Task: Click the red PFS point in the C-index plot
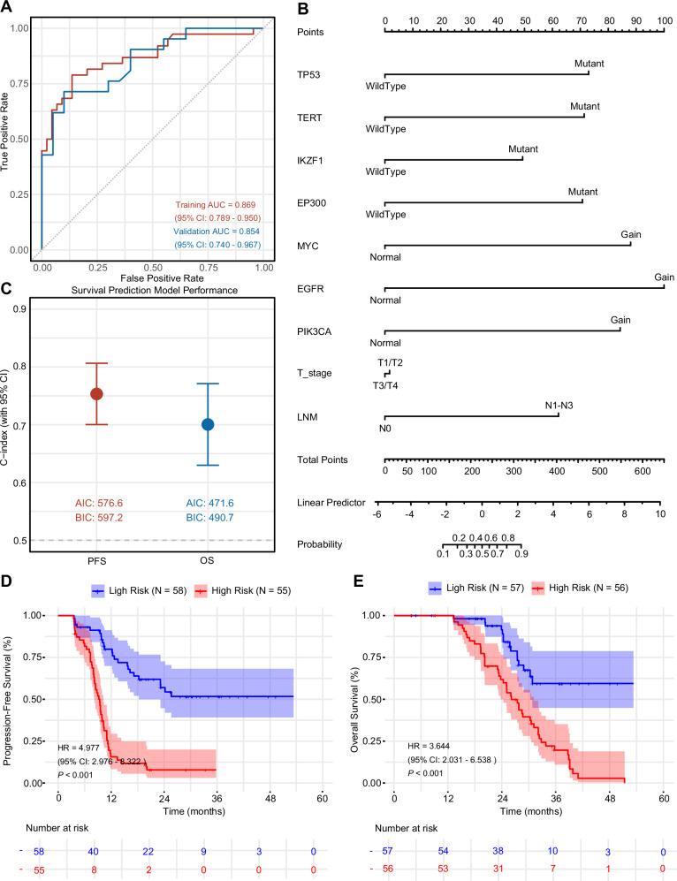(x=97, y=393)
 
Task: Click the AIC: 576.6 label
(x=97, y=503)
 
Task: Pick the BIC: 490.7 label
(x=208, y=519)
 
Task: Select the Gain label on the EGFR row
(x=664, y=277)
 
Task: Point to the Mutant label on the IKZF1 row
(x=522, y=149)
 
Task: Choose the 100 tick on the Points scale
(x=664, y=19)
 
